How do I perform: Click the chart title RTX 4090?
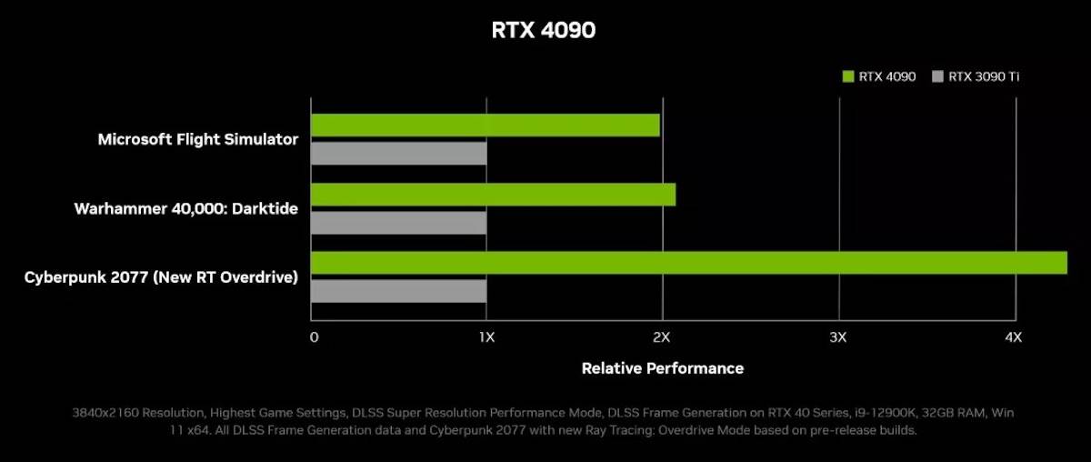[544, 30]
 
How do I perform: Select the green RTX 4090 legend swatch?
[849, 77]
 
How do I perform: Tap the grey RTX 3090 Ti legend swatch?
[938, 77]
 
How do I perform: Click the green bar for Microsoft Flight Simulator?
[485, 125]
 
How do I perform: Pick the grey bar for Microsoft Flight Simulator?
[398, 154]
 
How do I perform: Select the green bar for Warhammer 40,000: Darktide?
[493, 194]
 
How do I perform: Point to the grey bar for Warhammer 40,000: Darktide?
[398, 223]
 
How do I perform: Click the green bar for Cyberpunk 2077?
[688, 263]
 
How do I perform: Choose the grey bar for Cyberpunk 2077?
[398, 291]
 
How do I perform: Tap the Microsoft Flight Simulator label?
[198, 139]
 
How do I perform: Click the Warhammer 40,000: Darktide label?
[186, 208]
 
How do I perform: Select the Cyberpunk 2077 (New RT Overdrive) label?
[161, 276]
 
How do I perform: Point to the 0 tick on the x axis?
[314, 337]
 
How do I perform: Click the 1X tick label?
[486, 337]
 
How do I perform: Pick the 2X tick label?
[662, 337]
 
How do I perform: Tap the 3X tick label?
[838, 337]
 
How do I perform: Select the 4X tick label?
[1014, 337]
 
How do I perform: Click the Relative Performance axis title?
[662, 368]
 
